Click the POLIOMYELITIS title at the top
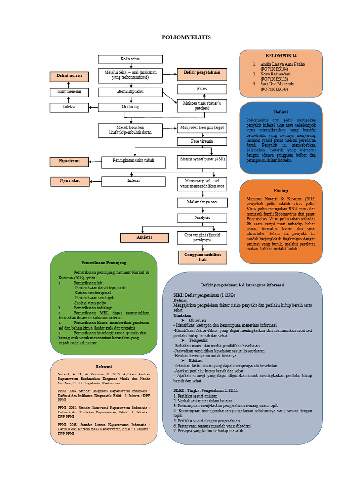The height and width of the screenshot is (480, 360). click(x=186, y=37)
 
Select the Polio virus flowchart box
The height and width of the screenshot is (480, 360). click(x=130, y=59)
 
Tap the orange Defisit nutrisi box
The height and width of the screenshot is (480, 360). click(x=69, y=75)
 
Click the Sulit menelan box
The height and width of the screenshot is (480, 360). click(x=69, y=92)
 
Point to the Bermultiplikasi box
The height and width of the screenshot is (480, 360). click(x=130, y=92)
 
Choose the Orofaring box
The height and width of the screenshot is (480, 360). click(x=130, y=107)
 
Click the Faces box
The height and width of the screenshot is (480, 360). click(x=202, y=89)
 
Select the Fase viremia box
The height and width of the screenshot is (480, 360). click(x=202, y=141)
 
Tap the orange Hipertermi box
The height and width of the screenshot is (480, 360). click(x=69, y=162)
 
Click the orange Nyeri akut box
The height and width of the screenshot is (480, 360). click(x=69, y=180)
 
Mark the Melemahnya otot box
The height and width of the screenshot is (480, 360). click(x=202, y=202)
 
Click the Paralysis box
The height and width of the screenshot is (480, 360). click(x=202, y=218)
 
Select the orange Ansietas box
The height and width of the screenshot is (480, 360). click(x=144, y=238)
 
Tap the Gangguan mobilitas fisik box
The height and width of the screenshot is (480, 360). click(x=202, y=257)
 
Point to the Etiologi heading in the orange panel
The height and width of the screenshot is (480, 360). click(x=281, y=191)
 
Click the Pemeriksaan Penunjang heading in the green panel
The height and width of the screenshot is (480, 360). click(x=104, y=263)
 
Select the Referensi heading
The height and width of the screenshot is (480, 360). click(x=104, y=366)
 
